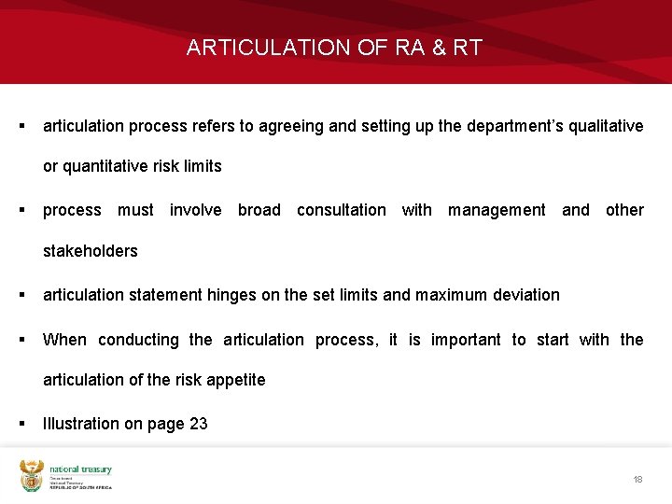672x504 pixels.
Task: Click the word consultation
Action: click(341, 210)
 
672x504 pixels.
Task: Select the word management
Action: click(497, 210)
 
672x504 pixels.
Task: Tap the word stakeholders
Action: click(91, 250)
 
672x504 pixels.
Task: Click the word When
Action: click(64, 340)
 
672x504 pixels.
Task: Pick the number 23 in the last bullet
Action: click(198, 424)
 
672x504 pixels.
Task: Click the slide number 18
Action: click(637, 480)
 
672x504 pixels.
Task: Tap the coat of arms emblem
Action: click(32, 476)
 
